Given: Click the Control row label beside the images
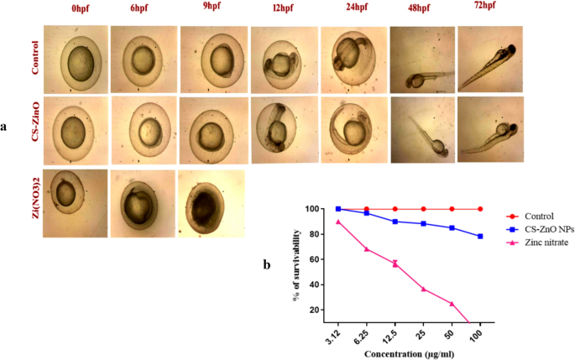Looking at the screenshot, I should (x=34, y=57).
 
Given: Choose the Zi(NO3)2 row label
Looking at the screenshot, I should (x=34, y=204).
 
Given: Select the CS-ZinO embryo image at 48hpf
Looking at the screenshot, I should (x=421, y=130).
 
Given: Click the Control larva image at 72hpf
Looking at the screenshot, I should (x=490, y=56).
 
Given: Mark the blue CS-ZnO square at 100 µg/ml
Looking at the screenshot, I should (x=480, y=237).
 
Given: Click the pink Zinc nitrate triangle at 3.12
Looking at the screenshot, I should (x=338, y=222).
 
